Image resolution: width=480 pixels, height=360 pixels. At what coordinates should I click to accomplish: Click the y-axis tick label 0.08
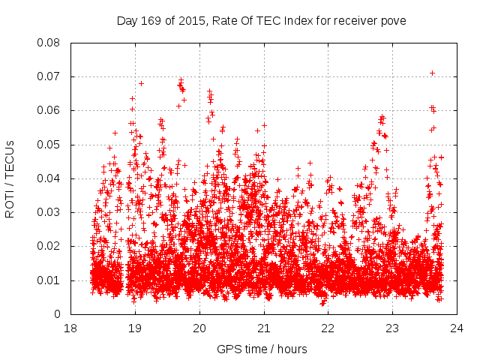[50, 43]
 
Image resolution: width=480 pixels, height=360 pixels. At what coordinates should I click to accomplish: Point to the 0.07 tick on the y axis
[50, 76]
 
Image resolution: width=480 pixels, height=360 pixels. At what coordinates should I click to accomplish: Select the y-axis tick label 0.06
[50, 110]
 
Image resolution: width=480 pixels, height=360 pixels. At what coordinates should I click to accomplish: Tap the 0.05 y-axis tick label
[50, 145]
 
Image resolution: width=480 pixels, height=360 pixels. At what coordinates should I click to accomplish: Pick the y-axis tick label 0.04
[50, 178]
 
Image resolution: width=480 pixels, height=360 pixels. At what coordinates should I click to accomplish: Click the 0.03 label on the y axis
[50, 212]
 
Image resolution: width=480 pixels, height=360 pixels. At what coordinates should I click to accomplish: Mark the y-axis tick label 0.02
[50, 246]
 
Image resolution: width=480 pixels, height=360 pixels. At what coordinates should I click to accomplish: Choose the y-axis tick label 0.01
[50, 280]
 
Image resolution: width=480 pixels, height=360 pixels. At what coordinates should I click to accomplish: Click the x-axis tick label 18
[70, 328]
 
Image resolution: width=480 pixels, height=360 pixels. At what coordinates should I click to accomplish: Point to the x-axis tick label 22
[328, 328]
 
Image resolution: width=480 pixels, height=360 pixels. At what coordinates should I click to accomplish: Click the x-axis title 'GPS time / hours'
[262, 349]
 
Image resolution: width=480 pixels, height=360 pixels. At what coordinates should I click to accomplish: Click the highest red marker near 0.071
[432, 73]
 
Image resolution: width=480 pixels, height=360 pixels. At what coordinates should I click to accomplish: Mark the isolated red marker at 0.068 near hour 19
[141, 83]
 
